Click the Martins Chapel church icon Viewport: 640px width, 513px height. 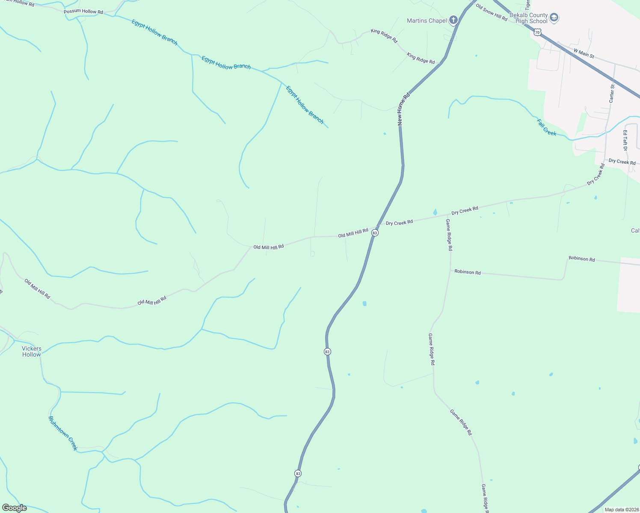tap(453, 20)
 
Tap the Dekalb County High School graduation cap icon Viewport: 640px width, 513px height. tap(554, 18)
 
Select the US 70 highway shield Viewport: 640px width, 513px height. tap(538, 32)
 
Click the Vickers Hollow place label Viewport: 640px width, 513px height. tap(32, 351)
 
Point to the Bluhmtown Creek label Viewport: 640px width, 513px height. tap(63, 433)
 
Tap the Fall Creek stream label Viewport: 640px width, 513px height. tap(547, 127)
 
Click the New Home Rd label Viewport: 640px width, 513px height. tap(403, 109)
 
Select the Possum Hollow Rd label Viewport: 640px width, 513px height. tap(83, 12)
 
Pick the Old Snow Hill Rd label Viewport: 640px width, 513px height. tap(491, 13)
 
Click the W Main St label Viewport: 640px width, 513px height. tap(584, 53)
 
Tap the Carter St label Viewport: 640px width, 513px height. tap(612, 93)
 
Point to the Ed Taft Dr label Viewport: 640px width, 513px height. tap(625, 140)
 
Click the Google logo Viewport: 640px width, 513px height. tap(14, 508)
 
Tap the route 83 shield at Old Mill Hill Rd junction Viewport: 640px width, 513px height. tap(375, 233)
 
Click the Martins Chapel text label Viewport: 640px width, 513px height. tap(427, 21)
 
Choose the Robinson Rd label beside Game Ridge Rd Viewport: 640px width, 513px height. tap(467, 272)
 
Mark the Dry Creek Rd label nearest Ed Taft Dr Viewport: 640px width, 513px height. tap(622, 162)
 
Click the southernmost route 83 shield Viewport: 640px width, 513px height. tap(298, 473)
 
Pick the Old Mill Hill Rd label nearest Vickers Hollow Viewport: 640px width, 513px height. tap(37, 289)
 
